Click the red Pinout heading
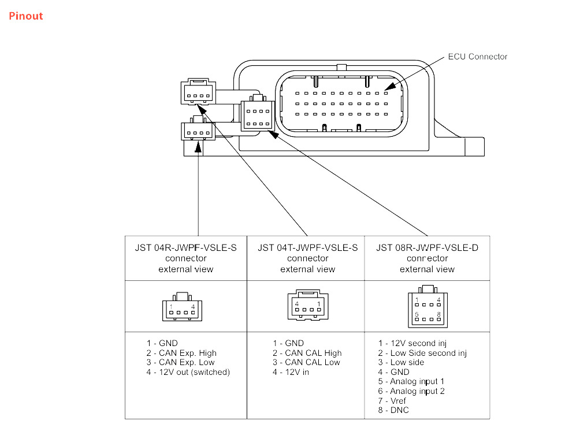point(26,16)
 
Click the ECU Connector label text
point(477,57)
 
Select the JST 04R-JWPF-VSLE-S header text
point(186,248)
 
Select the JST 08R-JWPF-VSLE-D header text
point(427,248)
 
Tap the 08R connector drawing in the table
point(427,306)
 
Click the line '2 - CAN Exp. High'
point(181,353)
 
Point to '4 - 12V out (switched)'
point(188,372)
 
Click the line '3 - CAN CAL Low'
point(306,362)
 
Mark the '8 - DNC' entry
point(393,410)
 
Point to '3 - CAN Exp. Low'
point(180,362)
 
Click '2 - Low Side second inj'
point(422,353)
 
